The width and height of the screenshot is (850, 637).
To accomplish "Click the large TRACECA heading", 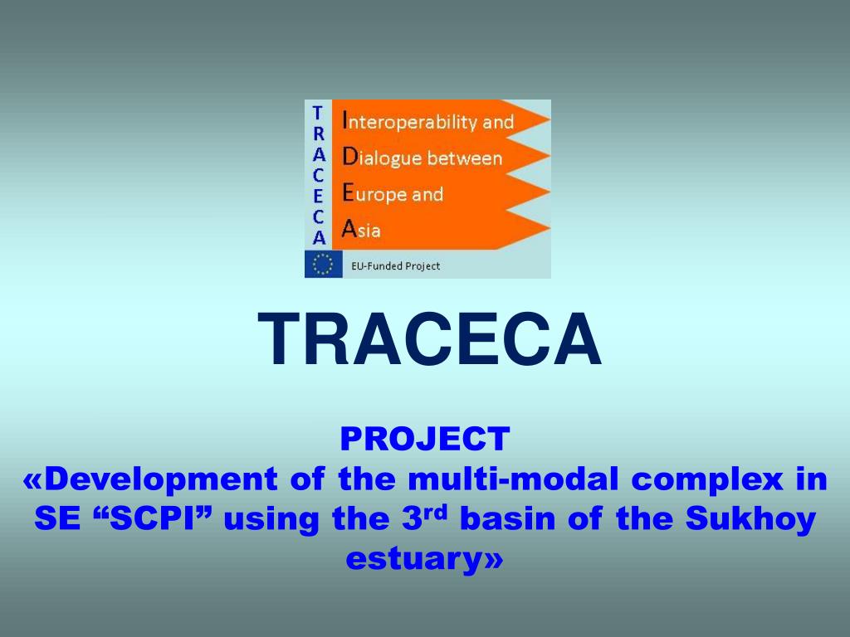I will click(x=429, y=341).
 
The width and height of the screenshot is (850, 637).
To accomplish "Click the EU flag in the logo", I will click(x=319, y=265).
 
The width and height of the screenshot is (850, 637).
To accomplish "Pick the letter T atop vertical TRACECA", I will click(x=318, y=111).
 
